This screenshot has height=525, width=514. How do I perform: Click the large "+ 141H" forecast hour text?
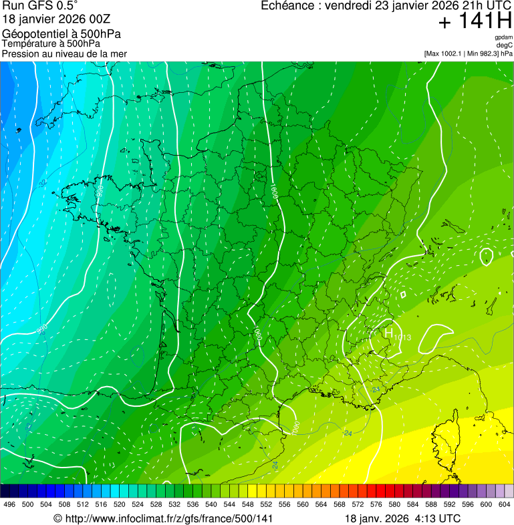(475, 21)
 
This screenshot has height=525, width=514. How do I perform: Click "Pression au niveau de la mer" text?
(64, 53)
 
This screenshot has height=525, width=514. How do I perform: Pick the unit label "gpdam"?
(503, 37)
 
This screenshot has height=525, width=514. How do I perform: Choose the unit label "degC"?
(505, 45)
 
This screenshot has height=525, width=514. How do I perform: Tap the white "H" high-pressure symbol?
(388, 331)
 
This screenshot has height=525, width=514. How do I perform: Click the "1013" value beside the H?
(402, 337)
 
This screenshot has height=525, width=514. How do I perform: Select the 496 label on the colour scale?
(9, 504)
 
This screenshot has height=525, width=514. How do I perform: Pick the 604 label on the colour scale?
(505, 504)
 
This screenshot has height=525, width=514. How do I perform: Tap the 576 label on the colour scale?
(376, 504)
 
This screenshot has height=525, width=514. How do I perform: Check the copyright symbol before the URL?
(57, 518)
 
